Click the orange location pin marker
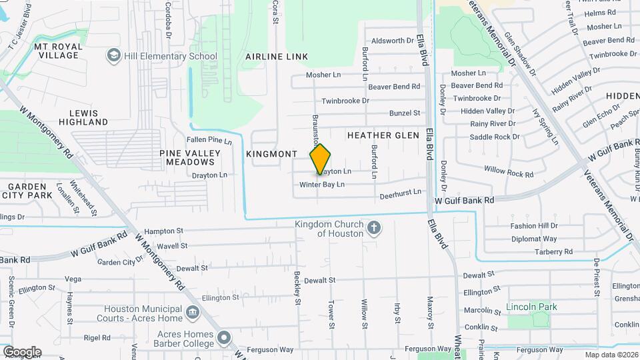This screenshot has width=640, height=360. click(320, 159)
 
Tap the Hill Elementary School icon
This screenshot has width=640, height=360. click(113, 56)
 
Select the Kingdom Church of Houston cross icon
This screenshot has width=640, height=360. click(375, 229)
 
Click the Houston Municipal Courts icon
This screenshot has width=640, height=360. click(192, 312)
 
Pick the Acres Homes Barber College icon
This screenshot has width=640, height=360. click(223, 338)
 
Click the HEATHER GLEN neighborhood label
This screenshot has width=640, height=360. click(383, 135)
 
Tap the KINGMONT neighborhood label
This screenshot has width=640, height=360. click(271, 154)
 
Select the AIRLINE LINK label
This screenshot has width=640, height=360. click(277, 57)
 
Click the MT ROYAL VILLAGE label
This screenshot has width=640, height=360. click(59, 51)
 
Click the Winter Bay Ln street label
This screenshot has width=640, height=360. click(321, 184)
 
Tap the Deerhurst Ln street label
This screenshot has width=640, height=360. click(401, 193)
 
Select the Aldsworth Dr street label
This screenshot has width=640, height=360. click(393, 41)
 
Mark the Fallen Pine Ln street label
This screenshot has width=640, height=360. click(209, 140)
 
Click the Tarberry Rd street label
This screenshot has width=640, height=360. click(553, 252)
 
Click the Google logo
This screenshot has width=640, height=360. click(22, 351)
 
